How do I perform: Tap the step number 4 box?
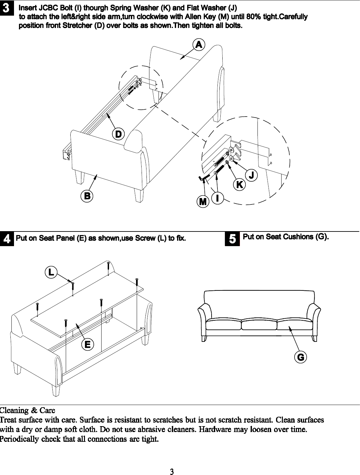(x=7, y=239)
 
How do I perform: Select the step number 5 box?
(x=232, y=239)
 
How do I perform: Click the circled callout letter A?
(x=199, y=44)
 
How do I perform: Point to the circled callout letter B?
(x=87, y=196)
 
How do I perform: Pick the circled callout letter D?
(x=118, y=134)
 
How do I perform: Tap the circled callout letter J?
(x=251, y=175)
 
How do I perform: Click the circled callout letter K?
(x=239, y=184)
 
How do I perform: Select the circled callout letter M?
(x=203, y=202)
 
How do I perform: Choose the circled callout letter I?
(x=217, y=198)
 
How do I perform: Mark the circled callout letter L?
(x=51, y=272)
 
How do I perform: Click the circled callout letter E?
(x=87, y=344)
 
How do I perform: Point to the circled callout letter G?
(x=300, y=357)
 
